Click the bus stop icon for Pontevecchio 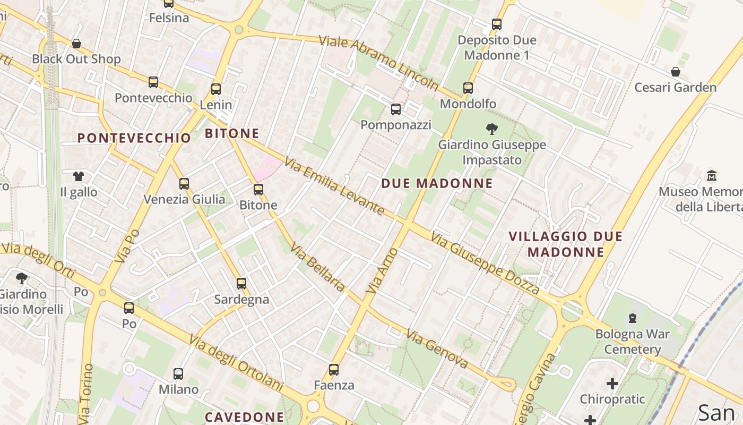pos(153,82)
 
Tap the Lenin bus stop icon pos(215,89)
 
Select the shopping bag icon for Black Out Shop pos(76,44)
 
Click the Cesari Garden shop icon pos(676,72)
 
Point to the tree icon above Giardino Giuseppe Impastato pos(492,129)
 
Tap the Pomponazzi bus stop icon pos(396,109)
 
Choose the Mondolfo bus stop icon pos(468,88)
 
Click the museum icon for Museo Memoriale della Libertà pos(712,175)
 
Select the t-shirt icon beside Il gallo pos(79,176)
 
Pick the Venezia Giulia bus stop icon pos(184,184)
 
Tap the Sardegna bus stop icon pos(241,284)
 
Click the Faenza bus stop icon pos(334,370)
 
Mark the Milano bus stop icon pos(178,374)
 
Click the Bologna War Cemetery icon pos(632,318)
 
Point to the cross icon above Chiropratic pos(612,384)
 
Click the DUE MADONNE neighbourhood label pos(437,184)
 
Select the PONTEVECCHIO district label pos(134,138)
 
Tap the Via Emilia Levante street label pos(334,186)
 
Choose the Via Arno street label pos(382,271)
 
